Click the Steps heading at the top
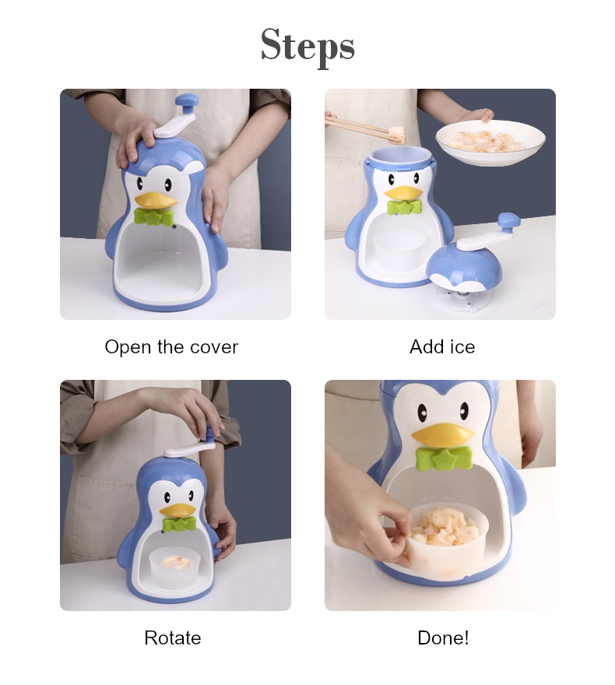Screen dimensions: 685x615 [307, 44]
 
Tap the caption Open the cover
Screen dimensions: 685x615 [171, 347]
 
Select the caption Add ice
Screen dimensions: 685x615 [441, 347]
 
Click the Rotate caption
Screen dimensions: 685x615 [172, 638]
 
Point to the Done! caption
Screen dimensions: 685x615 [443, 638]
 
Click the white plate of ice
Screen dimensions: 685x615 [490, 142]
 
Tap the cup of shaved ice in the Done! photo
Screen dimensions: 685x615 [445, 537]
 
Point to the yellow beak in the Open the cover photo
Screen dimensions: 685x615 [156, 200]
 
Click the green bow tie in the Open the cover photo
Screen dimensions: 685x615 [154, 217]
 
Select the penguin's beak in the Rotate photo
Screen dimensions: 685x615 [177, 511]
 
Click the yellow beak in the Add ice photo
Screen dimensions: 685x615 [402, 192]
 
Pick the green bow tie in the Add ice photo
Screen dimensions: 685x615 [404, 208]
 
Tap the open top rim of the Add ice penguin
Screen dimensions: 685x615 [398, 153]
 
